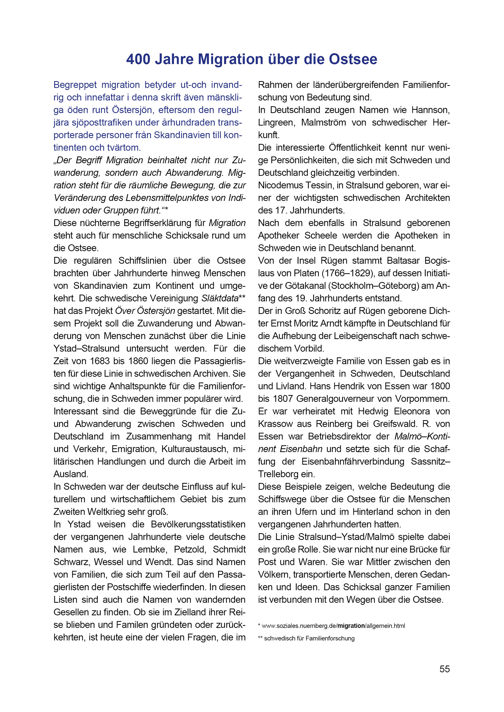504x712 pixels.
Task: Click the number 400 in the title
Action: pyautogui.click(x=138, y=59)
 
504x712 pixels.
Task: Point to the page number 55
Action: pyautogui.click(x=444, y=669)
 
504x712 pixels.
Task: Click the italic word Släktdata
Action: pyautogui.click(x=220, y=298)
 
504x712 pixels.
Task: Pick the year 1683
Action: pyautogui.click(x=103, y=361)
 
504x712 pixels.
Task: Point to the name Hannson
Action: pyautogui.click(x=430, y=110)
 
